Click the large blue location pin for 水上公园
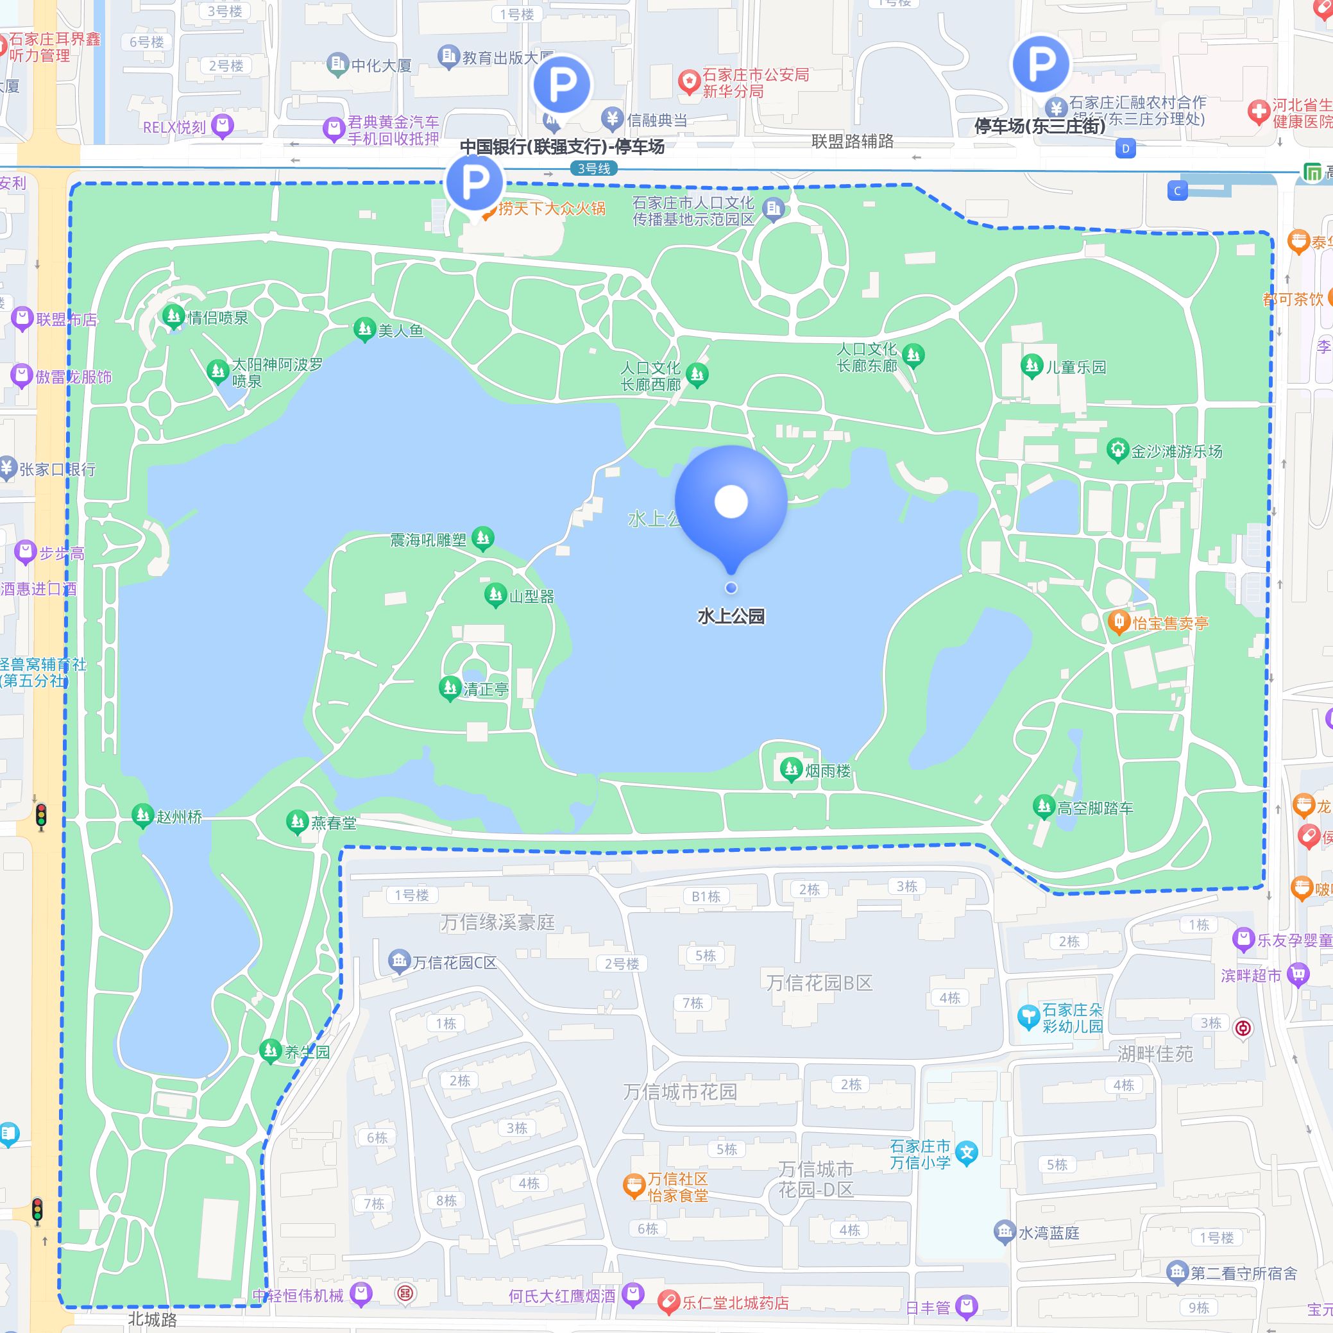coord(731,502)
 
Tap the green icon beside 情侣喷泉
coord(173,317)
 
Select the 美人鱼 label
coord(400,330)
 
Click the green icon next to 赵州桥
coord(143,815)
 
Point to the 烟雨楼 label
coord(828,770)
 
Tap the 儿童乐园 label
coord(1076,367)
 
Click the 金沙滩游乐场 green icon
coord(1117,450)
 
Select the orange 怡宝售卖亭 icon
coord(1117,622)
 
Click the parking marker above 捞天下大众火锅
coord(475,182)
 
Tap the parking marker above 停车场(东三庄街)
coord(1040,64)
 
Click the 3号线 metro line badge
coord(593,168)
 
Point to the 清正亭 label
coord(486,688)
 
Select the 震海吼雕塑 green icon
coord(483,538)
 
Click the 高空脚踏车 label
coord(1095,808)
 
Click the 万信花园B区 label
coord(819,983)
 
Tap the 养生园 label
coord(307,1051)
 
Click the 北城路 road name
coord(153,1319)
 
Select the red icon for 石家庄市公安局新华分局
coord(688,83)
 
